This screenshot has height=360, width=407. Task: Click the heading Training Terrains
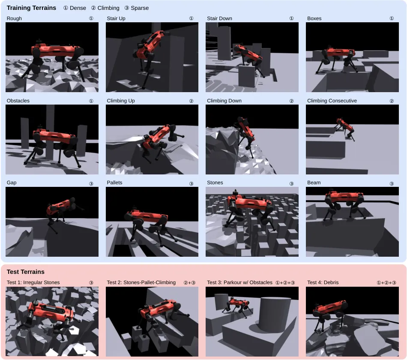click(x=31, y=8)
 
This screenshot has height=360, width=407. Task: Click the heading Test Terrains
click(x=25, y=272)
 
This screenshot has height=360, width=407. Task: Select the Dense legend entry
click(x=75, y=8)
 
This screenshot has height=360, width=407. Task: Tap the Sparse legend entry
click(x=137, y=8)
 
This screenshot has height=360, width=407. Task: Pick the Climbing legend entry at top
click(x=105, y=8)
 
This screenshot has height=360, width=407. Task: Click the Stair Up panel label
click(x=116, y=18)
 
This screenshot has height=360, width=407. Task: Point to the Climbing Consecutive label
click(x=332, y=101)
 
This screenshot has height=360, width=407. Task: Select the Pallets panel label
click(x=114, y=183)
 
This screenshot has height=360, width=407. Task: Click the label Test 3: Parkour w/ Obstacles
click(x=239, y=282)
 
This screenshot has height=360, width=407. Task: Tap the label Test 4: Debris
click(x=323, y=282)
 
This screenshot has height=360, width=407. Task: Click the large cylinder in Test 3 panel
click(x=275, y=314)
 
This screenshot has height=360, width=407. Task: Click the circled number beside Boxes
click(x=392, y=18)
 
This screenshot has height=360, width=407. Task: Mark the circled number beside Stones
click(x=291, y=183)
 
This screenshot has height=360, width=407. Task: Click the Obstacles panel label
click(x=18, y=101)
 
